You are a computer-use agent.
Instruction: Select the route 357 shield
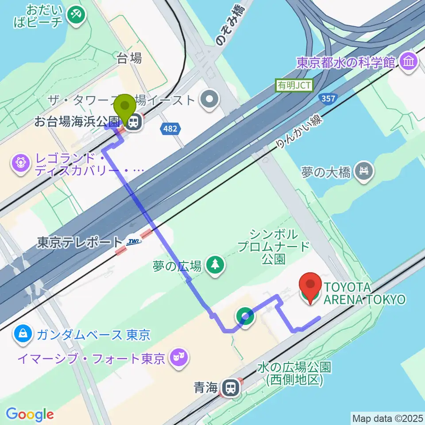[327, 98]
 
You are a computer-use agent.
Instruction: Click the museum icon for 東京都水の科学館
[408, 62]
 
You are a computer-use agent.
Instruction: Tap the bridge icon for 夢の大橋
[364, 171]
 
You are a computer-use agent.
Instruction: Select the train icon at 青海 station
[230, 388]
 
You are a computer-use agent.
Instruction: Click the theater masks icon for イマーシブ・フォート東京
[179, 357]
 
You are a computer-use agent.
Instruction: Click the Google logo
[30, 414]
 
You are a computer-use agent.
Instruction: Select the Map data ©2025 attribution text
[387, 418]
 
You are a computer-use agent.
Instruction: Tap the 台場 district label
[129, 58]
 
